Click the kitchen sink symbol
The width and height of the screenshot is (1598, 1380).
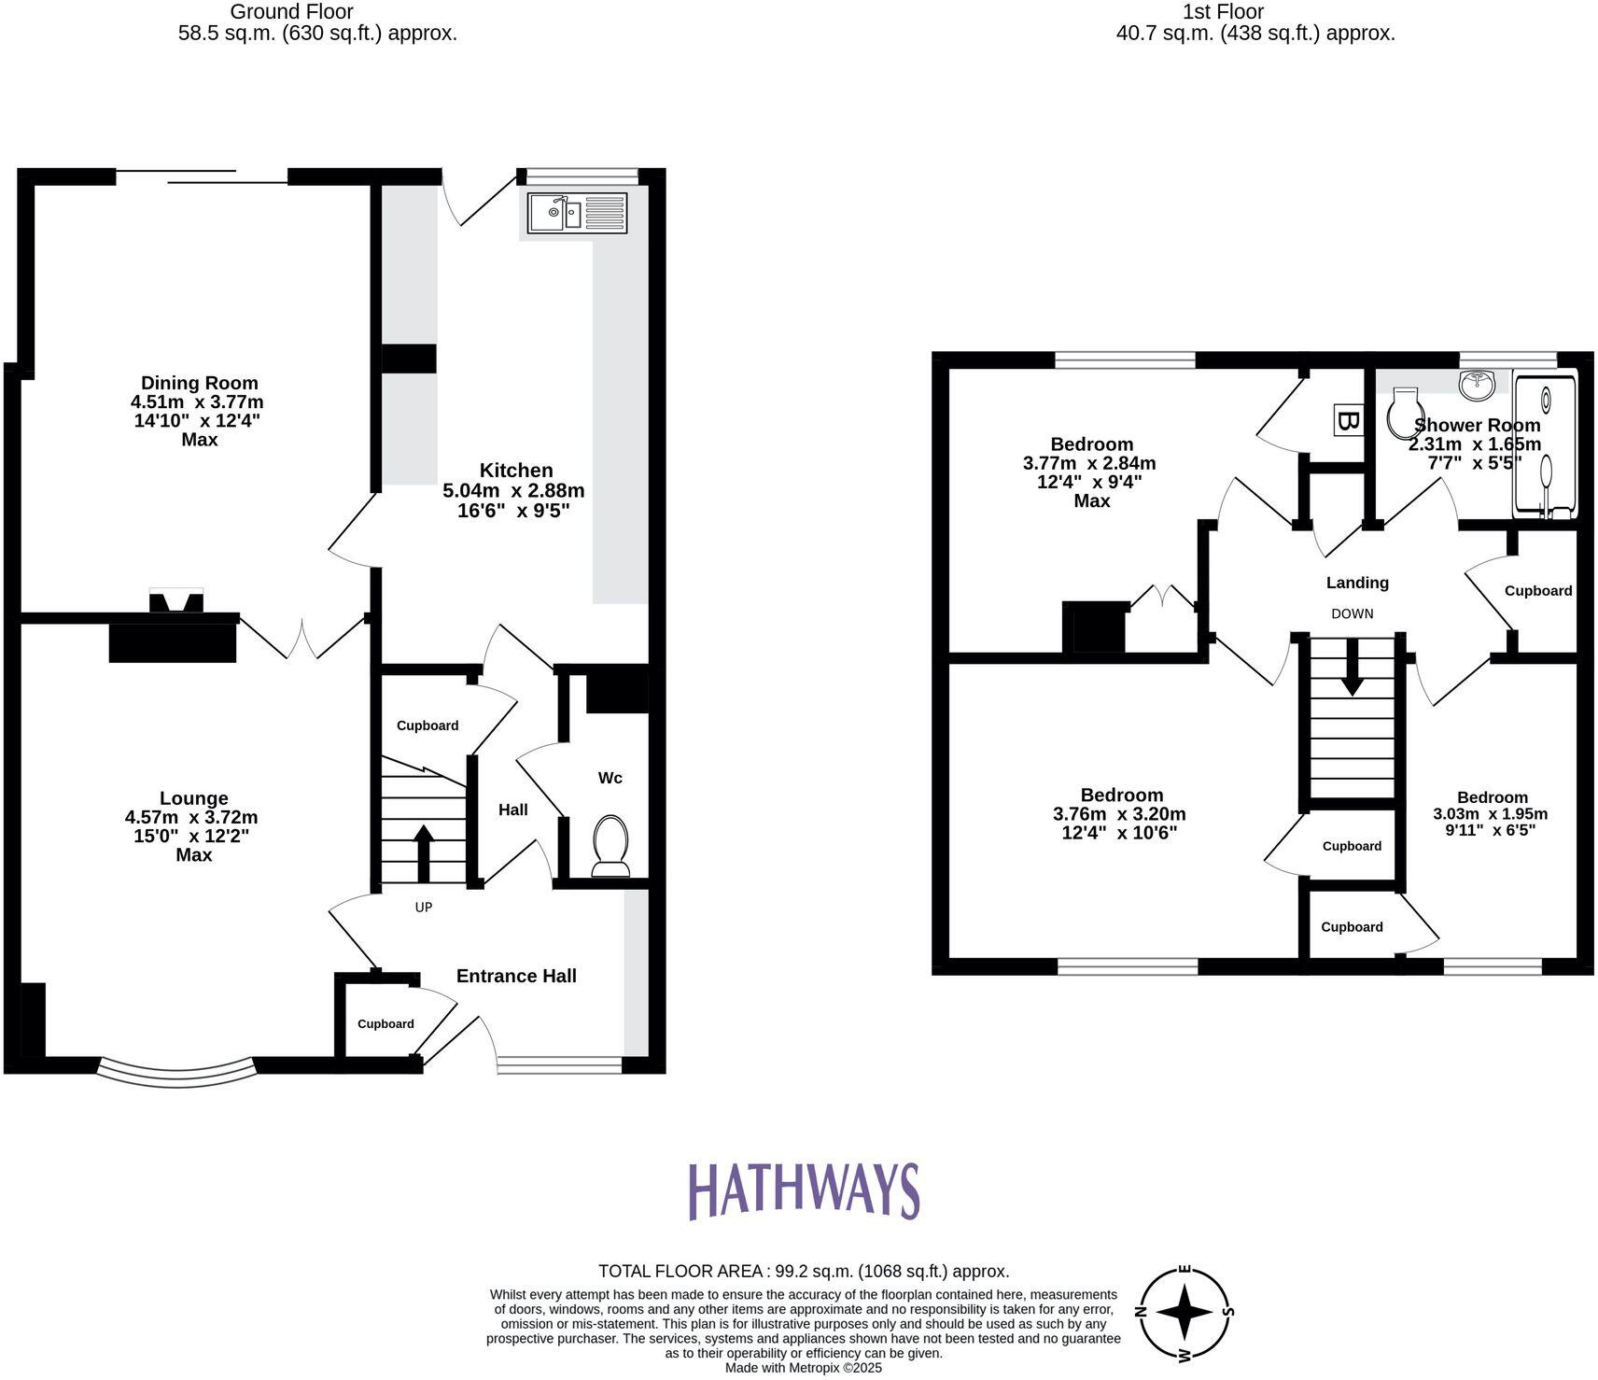point(576,213)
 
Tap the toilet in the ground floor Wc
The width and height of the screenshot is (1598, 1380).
point(610,845)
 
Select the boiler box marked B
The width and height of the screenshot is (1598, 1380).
point(1346,420)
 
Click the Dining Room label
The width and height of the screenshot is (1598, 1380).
point(199,383)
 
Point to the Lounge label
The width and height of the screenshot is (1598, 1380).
point(193,798)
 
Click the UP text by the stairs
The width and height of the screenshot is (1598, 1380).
point(424,907)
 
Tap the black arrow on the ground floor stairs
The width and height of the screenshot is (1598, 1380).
point(423,851)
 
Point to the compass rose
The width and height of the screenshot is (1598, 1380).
point(1184,1312)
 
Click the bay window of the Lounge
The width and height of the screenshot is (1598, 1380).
point(176,1074)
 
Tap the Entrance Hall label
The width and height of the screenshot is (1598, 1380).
point(516,976)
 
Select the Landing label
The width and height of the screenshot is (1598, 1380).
point(1357,583)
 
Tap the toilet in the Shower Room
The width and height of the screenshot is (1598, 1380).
point(1403,415)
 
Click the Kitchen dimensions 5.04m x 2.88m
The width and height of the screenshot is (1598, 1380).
point(513,490)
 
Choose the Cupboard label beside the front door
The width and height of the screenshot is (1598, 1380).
point(385,1024)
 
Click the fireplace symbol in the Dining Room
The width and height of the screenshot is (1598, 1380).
point(176,602)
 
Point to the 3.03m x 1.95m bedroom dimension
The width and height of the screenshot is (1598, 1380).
point(1490,813)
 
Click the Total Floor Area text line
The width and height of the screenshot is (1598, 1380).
point(803,1271)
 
